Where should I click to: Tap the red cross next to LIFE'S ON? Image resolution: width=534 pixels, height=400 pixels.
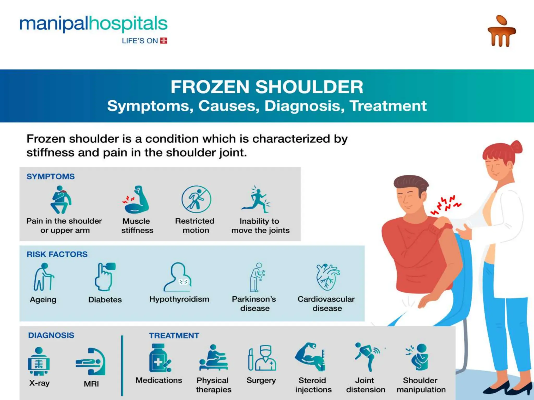tap(163, 41)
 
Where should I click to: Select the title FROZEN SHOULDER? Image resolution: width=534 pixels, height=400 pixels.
tap(267, 87)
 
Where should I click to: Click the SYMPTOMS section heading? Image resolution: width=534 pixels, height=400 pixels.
tap(51, 177)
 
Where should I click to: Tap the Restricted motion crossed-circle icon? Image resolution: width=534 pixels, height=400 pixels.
tap(196, 199)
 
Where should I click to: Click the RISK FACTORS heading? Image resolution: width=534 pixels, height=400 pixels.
tap(57, 254)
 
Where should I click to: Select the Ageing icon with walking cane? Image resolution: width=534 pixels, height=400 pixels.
tap(44, 277)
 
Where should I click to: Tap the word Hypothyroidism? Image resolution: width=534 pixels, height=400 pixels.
tap(179, 299)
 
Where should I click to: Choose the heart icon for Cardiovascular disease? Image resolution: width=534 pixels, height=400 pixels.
tap(327, 277)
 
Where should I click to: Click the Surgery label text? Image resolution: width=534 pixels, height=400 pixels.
tap(261, 380)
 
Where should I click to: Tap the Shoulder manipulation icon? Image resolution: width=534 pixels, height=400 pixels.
tap(418, 357)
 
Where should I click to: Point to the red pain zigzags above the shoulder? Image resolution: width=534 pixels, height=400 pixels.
tap(445, 205)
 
